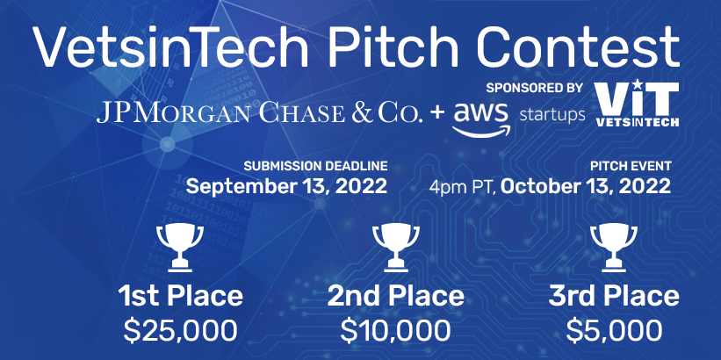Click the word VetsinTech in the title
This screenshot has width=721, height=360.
(x=170, y=47)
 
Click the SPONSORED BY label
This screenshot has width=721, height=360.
(x=534, y=87)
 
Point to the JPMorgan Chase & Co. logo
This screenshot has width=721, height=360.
(x=259, y=113)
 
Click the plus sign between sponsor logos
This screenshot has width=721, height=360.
(x=437, y=114)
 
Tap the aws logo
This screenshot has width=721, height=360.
(x=481, y=119)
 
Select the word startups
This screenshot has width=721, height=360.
(x=552, y=115)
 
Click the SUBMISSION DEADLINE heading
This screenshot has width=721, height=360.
(x=315, y=166)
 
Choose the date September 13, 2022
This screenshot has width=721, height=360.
(x=286, y=187)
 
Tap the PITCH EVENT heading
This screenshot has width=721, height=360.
(x=631, y=166)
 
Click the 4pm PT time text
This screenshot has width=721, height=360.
(x=463, y=187)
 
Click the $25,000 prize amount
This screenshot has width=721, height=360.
(x=180, y=329)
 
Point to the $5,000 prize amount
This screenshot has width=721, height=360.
(x=614, y=329)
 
